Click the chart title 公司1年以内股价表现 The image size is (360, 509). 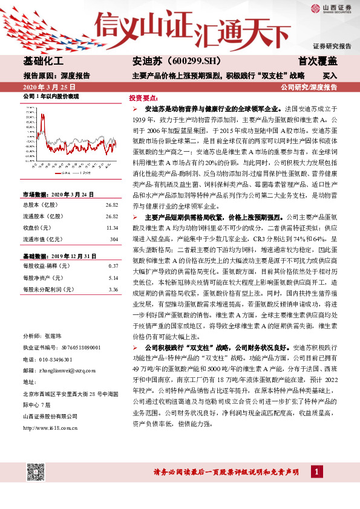51,97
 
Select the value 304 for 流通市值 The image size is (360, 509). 113,222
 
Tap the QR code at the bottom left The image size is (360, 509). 37,470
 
